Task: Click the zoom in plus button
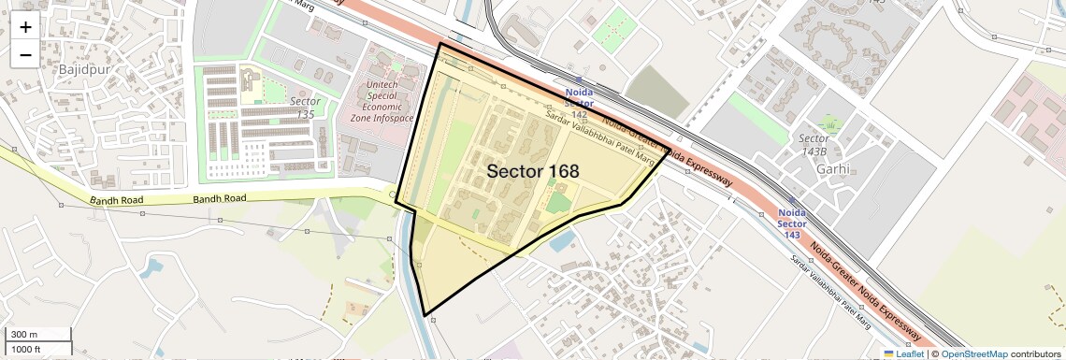[x=25, y=27]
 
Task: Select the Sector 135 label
[x=305, y=108]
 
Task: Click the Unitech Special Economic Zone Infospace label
[x=382, y=94]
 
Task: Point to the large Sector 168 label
[x=533, y=171]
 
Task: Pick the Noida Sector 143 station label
[x=792, y=223]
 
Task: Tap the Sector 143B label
[x=814, y=145]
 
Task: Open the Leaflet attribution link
[x=904, y=353]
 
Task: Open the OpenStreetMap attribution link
[x=974, y=353]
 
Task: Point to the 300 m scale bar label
[x=24, y=335]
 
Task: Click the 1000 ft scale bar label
[x=26, y=349]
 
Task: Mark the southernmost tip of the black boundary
[x=425, y=315]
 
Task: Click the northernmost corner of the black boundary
[x=439, y=43]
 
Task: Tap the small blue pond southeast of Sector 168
[x=562, y=242]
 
